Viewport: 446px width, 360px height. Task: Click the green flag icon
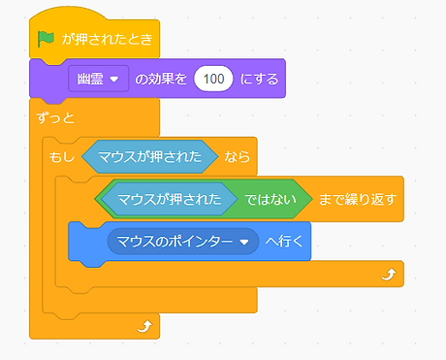45,39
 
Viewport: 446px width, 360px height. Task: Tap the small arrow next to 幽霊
114,80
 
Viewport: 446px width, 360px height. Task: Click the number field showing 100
214,79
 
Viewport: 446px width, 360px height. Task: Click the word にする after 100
260,79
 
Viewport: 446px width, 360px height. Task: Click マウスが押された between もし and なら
150,155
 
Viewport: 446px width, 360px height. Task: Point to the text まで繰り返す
357,199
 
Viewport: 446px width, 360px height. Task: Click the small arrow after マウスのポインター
243,242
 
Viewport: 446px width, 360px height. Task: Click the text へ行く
283,241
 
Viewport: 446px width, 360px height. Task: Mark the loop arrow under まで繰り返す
388,276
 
